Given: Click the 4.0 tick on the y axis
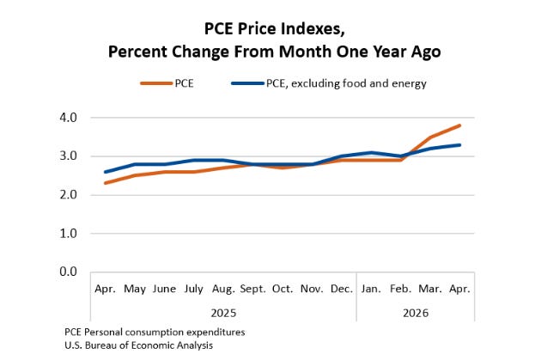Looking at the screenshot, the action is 69,118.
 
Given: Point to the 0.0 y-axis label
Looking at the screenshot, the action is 69,272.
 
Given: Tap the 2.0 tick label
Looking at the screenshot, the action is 69,194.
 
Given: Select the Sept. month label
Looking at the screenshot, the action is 253,290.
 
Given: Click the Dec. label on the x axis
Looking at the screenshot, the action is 342,289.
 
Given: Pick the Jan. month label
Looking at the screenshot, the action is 371,289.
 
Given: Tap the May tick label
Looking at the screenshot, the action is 135,290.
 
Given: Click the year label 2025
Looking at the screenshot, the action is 223,313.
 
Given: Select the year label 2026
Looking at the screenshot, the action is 416,313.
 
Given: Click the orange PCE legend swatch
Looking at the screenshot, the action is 156,83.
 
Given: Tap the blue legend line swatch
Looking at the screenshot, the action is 247,83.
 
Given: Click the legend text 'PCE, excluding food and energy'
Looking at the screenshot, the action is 346,84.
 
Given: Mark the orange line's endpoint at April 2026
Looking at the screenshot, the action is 459,125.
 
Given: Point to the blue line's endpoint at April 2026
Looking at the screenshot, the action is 459,145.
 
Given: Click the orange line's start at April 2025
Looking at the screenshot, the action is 106,183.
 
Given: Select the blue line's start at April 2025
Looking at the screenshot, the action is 106,172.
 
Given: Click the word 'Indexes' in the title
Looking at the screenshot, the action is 314,29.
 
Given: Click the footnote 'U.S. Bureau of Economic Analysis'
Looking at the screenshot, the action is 139,345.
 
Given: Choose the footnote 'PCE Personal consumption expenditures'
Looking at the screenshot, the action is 155,332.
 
